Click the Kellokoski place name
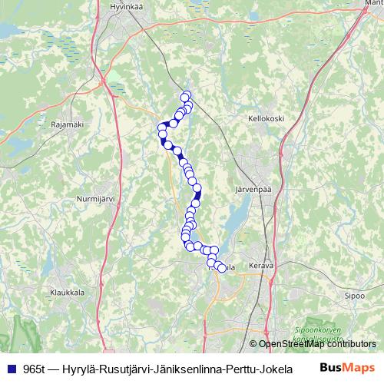click(266, 119)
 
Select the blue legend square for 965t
click(10, 367)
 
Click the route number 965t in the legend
click(34, 367)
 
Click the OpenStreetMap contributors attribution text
click(316, 345)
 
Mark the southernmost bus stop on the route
click(222, 268)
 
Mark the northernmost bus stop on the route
click(185, 96)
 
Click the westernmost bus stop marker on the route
click(162, 127)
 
